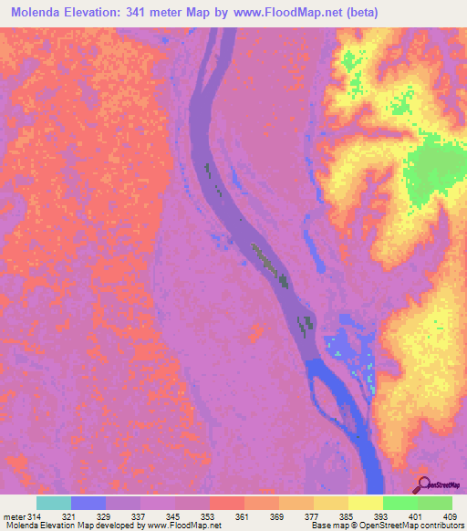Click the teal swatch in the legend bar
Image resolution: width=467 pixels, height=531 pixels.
[x=54, y=503]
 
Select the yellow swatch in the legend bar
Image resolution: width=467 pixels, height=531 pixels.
[x=365, y=503]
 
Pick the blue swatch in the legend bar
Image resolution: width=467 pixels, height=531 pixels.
[x=88, y=503]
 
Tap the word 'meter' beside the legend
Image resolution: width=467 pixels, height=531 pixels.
[x=11, y=515]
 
